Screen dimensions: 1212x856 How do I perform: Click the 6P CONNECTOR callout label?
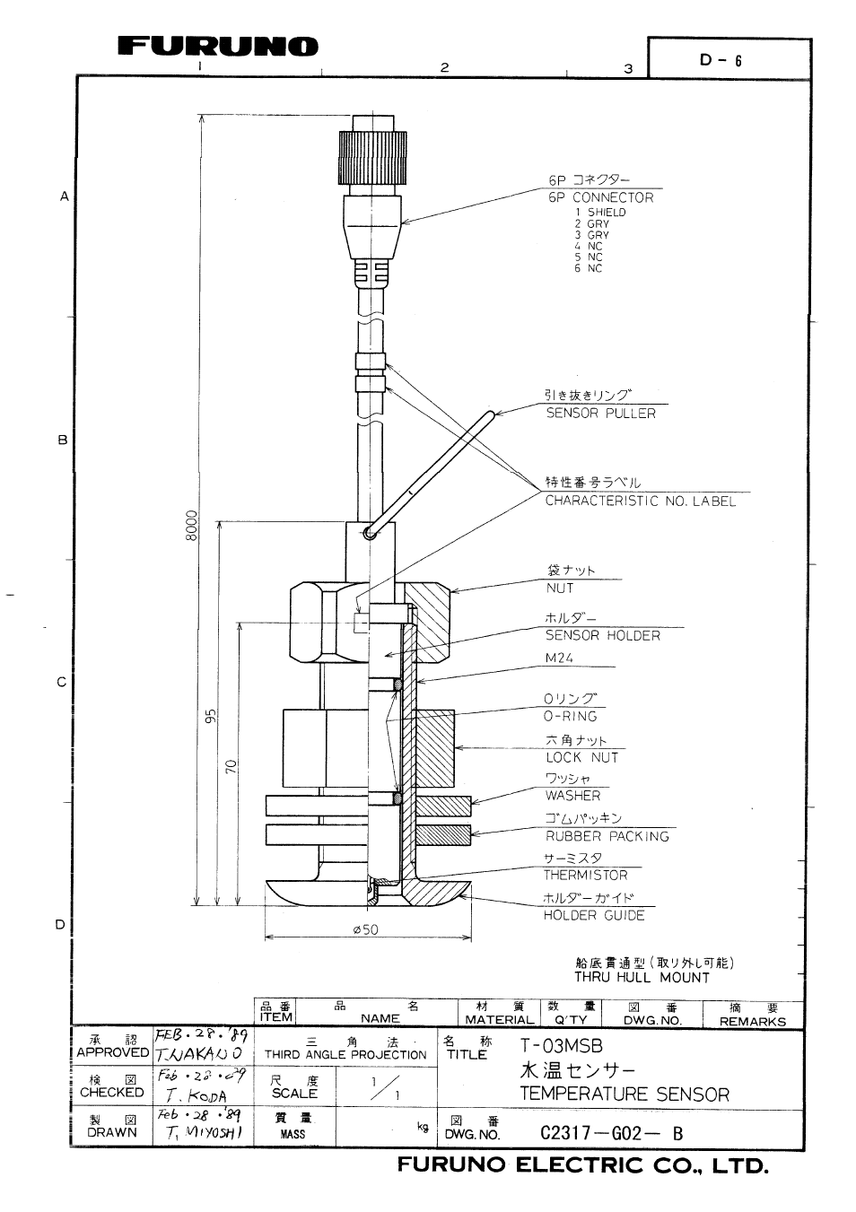pos(600,197)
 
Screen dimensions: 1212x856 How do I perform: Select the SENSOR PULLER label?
pos(600,414)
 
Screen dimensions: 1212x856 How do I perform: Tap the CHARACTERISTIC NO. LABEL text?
pos(640,501)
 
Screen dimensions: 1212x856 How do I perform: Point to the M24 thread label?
pos(559,658)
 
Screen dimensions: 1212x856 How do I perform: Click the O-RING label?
pos(570,716)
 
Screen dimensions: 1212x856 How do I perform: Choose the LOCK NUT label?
pos(581,757)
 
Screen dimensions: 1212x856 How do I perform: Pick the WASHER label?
pos(572,796)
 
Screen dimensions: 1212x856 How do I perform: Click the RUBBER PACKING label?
pos(607,836)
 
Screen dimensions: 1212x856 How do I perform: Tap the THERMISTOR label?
pos(585,875)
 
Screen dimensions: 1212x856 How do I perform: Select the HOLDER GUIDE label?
pos(593,915)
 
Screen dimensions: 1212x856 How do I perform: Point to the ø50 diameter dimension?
pos(366,929)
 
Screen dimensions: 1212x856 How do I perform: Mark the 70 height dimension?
pos(231,767)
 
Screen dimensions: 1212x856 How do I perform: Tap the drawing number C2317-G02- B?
pos(611,1133)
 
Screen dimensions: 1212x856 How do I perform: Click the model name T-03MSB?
pos(561,1046)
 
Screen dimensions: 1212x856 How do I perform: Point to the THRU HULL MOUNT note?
pos(642,978)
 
